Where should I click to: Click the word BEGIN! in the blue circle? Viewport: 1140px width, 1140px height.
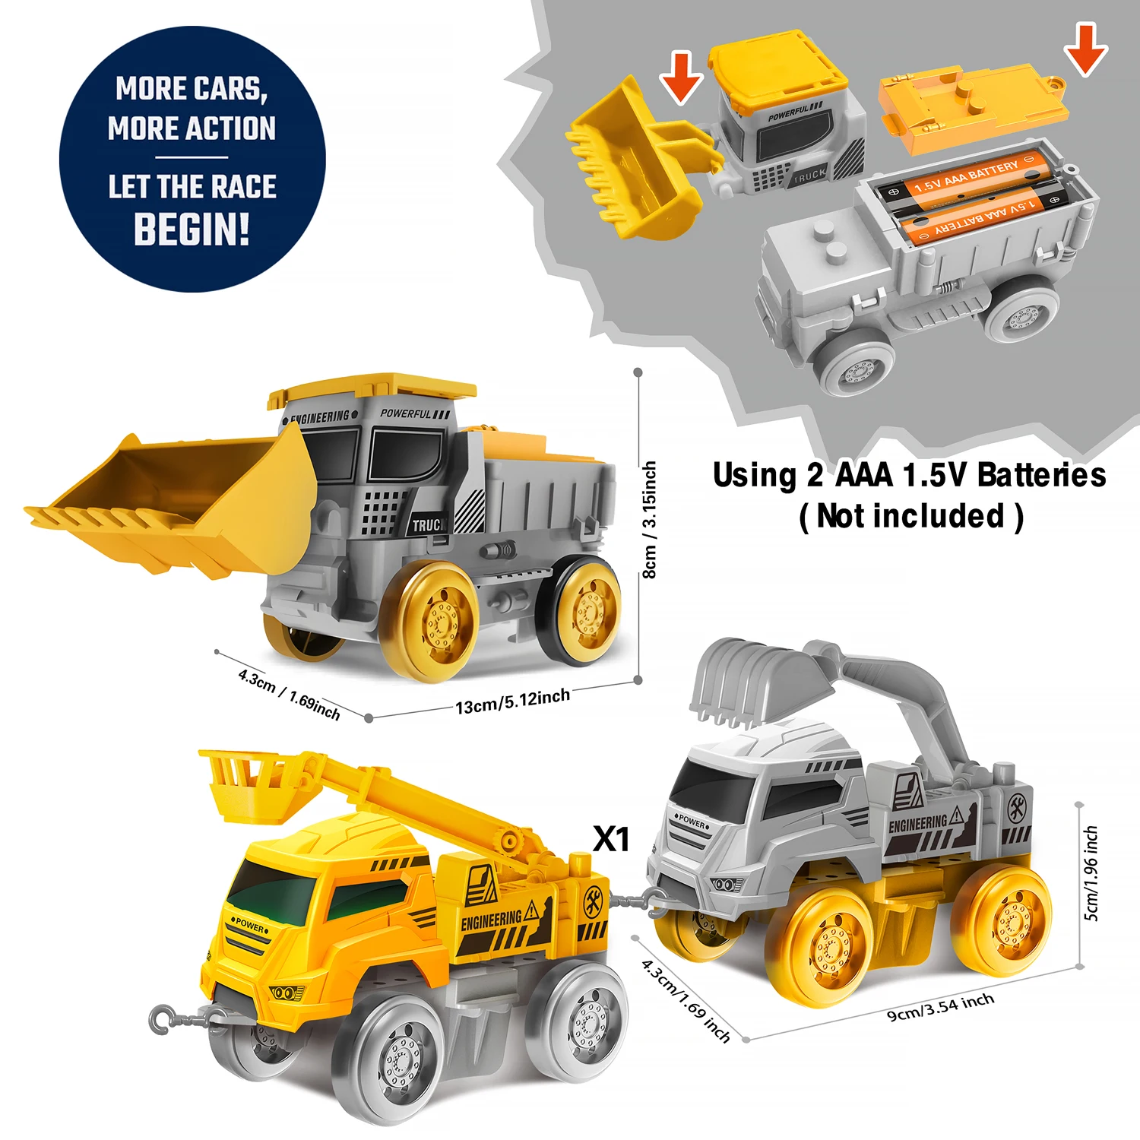[192, 229]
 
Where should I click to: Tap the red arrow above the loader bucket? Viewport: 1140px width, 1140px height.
[680, 78]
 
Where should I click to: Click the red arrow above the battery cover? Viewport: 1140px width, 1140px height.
[1085, 50]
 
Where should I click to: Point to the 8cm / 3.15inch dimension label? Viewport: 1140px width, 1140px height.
[649, 520]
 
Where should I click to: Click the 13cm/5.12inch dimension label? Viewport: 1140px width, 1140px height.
[512, 701]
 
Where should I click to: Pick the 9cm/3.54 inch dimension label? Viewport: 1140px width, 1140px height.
[941, 1006]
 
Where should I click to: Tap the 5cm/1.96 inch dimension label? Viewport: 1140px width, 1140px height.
[1091, 873]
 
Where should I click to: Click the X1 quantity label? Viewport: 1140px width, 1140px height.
[612, 839]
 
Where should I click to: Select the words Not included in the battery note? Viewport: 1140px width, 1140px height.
[911, 516]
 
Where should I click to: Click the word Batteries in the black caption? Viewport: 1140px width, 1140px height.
[1041, 475]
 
